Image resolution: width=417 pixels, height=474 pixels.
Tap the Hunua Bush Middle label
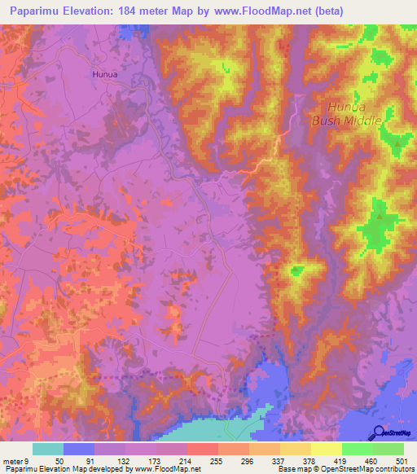click(354, 113)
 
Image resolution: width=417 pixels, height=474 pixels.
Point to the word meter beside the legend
click(12, 461)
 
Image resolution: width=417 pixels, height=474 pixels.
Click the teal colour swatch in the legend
click(48, 449)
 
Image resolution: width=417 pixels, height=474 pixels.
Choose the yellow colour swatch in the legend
click(327, 449)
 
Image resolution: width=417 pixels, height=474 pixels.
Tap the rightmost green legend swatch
click(388, 449)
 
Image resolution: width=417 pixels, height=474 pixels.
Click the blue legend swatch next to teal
click(79, 449)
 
